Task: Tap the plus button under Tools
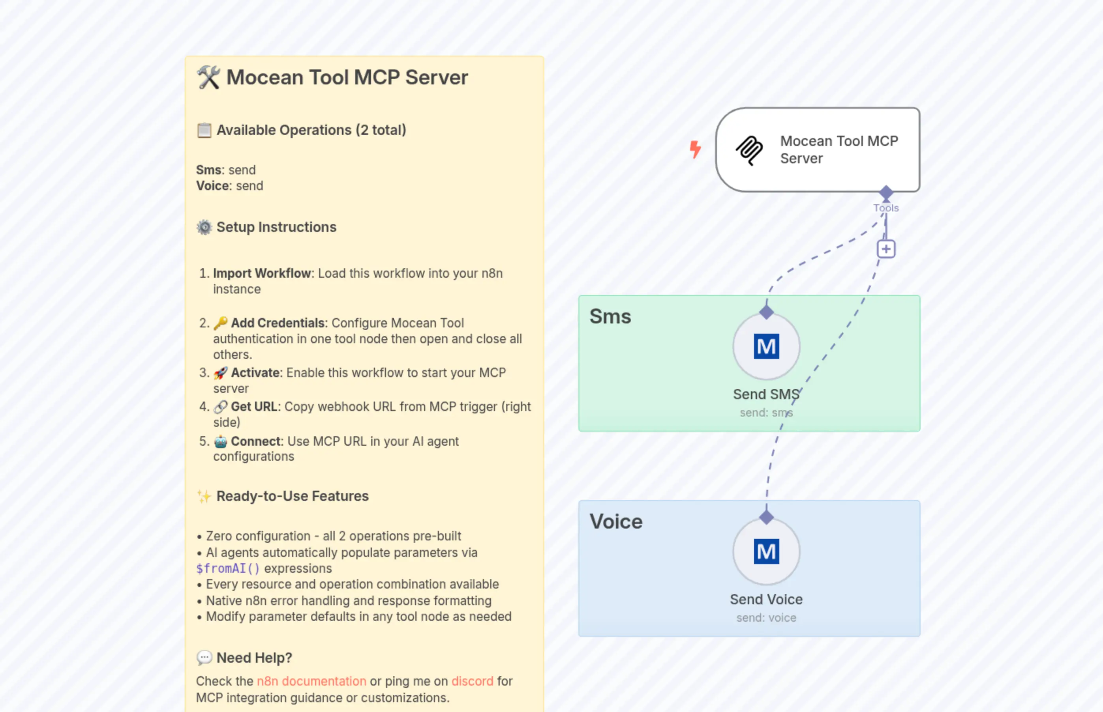coord(886,249)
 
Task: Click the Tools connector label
coord(885,208)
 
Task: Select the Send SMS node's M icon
coord(766,346)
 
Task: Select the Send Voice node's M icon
coord(766,551)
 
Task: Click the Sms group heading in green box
coord(610,317)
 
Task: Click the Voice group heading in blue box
coord(616,521)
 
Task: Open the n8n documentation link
coord(311,681)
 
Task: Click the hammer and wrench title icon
coord(208,77)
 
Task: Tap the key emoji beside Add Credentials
coord(220,322)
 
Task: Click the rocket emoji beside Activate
coord(220,372)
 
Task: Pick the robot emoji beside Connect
coord(220,441)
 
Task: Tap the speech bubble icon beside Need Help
coord(204,658)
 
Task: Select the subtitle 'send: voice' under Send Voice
coord(766,618)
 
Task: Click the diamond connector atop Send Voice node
coord(766,517)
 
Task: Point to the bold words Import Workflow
coord(262,273)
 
